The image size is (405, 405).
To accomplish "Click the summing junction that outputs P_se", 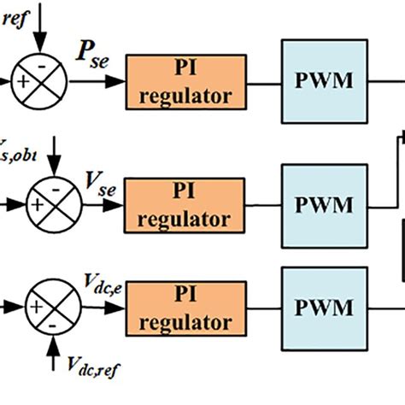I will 38,83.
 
